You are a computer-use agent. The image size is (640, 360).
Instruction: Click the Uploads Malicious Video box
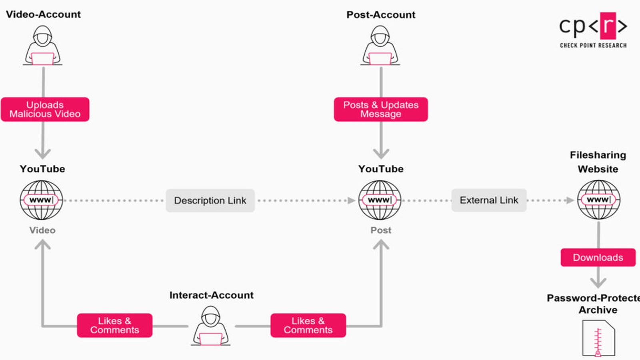click(45, 109)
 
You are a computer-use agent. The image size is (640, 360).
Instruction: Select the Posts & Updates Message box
click(381, 109)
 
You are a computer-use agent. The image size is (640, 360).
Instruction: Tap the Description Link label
click(210, 200)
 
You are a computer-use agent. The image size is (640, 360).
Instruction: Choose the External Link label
click(489, 200)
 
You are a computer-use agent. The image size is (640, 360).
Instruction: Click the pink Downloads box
click(598, 257)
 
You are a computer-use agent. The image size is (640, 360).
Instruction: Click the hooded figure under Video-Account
click(42, 46)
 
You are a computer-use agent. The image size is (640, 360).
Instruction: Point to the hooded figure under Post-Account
click(380, 46)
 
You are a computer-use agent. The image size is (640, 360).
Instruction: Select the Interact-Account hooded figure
click(210, 326)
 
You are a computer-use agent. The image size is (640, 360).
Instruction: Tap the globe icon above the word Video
click(42, 200)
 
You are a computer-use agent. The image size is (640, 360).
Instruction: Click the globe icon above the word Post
click(380, 200)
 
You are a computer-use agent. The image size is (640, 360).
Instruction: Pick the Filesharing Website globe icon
click(598, 199)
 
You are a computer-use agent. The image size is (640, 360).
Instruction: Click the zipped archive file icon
click(598, 339)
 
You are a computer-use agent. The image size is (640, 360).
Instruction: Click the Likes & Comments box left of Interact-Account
click(114, 325)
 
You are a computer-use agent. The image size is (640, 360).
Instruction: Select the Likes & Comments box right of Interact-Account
click(308, 325)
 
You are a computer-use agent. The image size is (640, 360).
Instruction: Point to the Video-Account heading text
click(43, 14)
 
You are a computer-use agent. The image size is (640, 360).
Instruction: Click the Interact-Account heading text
click(211, 295)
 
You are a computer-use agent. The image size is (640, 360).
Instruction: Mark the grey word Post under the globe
click(381, 230)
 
